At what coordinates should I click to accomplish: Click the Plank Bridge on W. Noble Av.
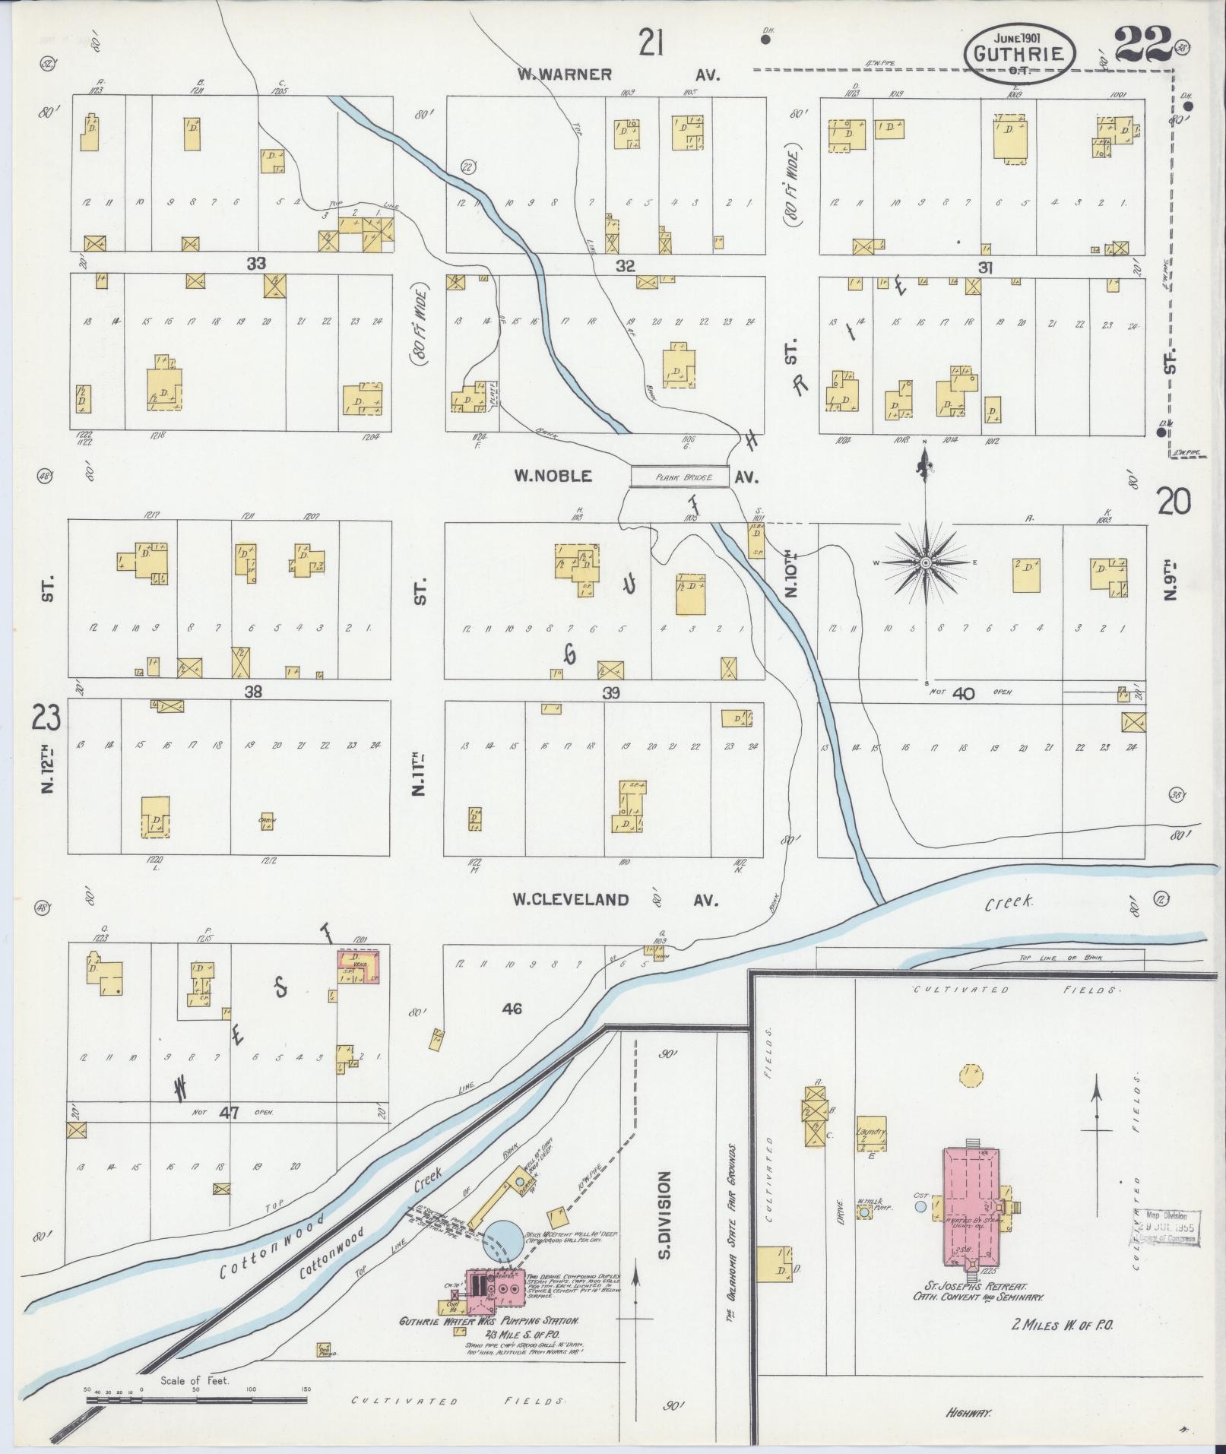680,477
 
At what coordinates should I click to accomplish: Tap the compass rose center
926,562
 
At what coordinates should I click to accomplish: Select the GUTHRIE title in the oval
1020,53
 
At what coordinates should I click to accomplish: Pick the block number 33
256,264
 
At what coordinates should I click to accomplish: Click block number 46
512,1009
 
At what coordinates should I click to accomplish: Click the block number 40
963,692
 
